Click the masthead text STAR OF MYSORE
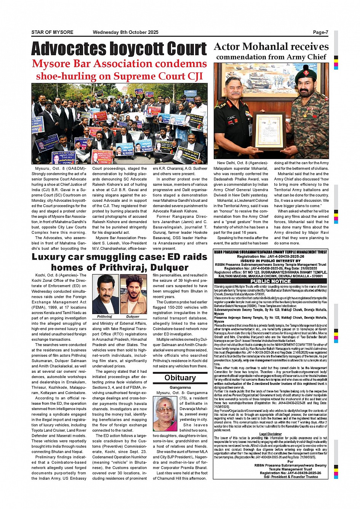(x=52, y=32)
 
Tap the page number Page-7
(x=320, y=32)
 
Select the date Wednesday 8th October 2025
(x=125, y=32)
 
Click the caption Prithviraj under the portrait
(x=104, y=316)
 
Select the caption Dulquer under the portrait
(x=133, y=316)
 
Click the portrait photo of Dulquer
(x=133, y=294)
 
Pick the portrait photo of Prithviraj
(x=106, y=294)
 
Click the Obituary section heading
(x=180, y=378)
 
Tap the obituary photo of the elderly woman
(x=165, y=413)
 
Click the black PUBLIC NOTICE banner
(x=270, y=281)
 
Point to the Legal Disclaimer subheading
(x=270, y=434)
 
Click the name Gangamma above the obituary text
(x=180, y=388)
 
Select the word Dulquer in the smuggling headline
(x=170, y=267)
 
